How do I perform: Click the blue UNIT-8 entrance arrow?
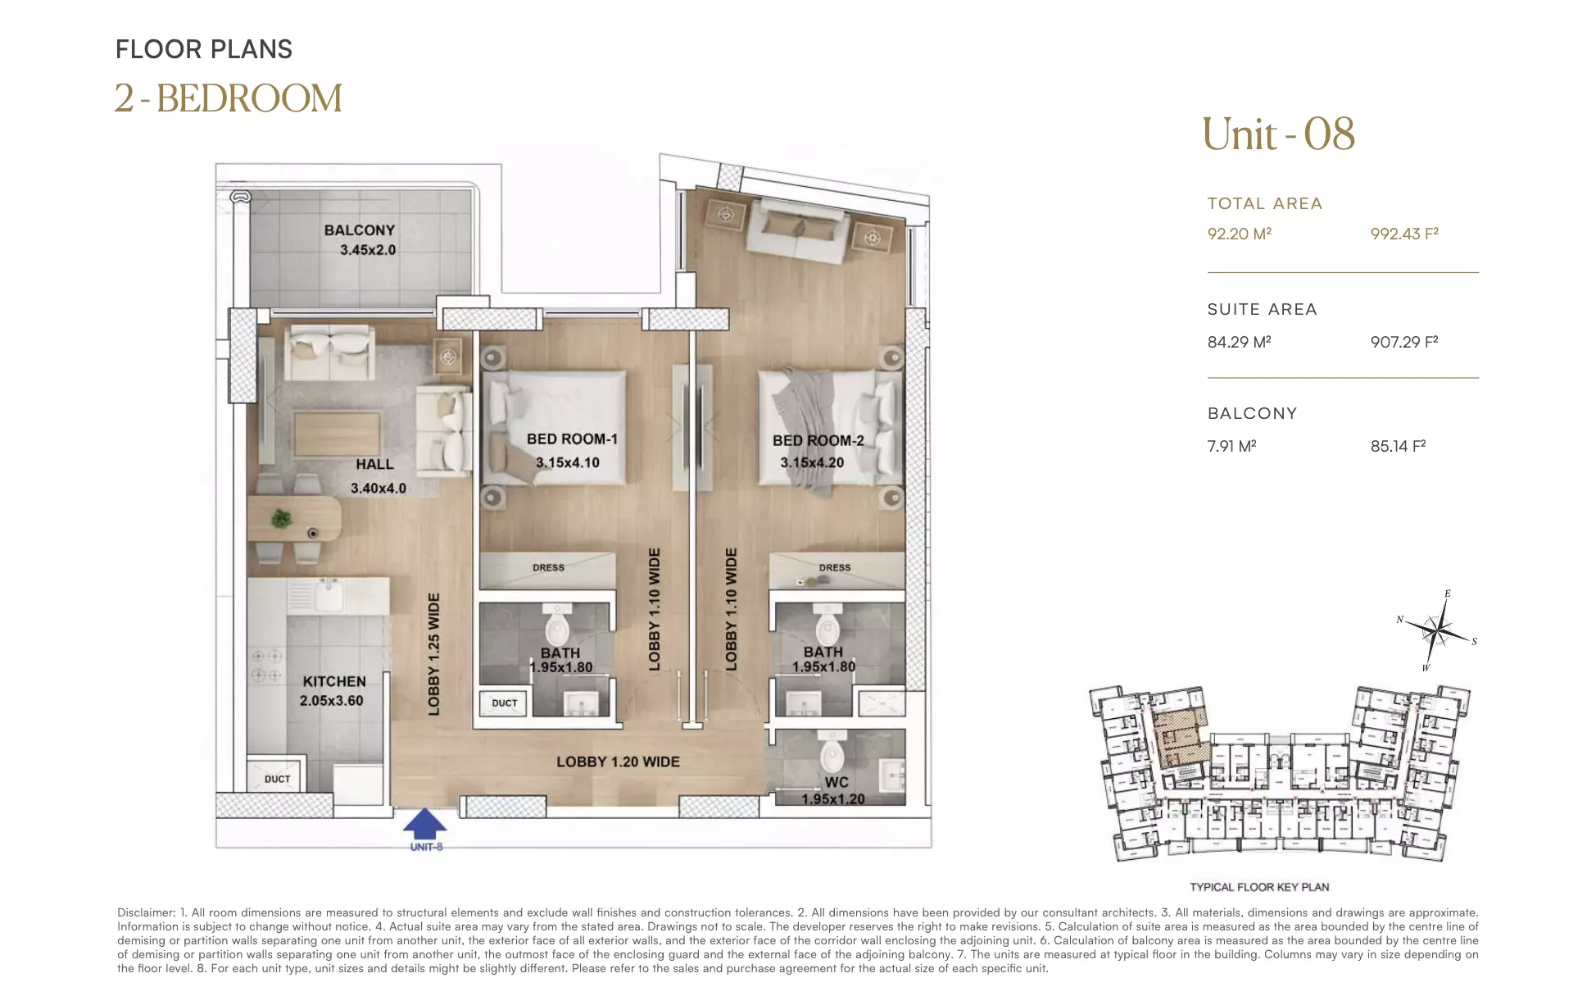tap(425, 823)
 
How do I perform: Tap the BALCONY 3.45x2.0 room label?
tap(360, 240)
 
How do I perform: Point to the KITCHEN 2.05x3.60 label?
tap(333, 691)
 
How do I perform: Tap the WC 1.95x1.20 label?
tap(834, 790)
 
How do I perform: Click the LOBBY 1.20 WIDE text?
tap(618, 762)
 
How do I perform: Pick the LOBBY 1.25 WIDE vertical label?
tap(434, 654)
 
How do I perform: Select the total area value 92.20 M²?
tap(1239, 234)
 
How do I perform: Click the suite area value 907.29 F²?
tap(1404, 342)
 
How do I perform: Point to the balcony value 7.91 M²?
tap(1231, 446)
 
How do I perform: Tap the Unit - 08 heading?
tap(1278, 134)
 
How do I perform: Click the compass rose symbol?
tap(1439, 631)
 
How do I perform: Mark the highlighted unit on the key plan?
tap(1181, 739)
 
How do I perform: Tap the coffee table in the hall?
tap(337, 433)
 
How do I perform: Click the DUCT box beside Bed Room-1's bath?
tap(505, 703)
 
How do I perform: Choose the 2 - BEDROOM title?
tap(228, 98)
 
